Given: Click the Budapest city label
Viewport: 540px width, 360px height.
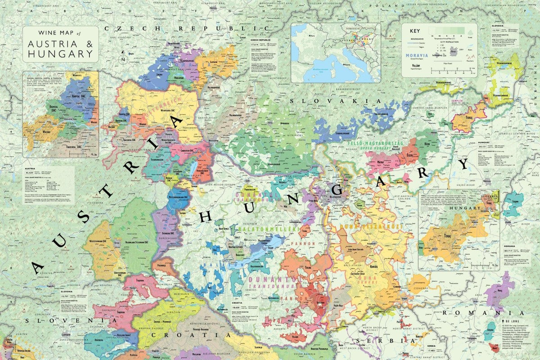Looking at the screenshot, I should [336, 197].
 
